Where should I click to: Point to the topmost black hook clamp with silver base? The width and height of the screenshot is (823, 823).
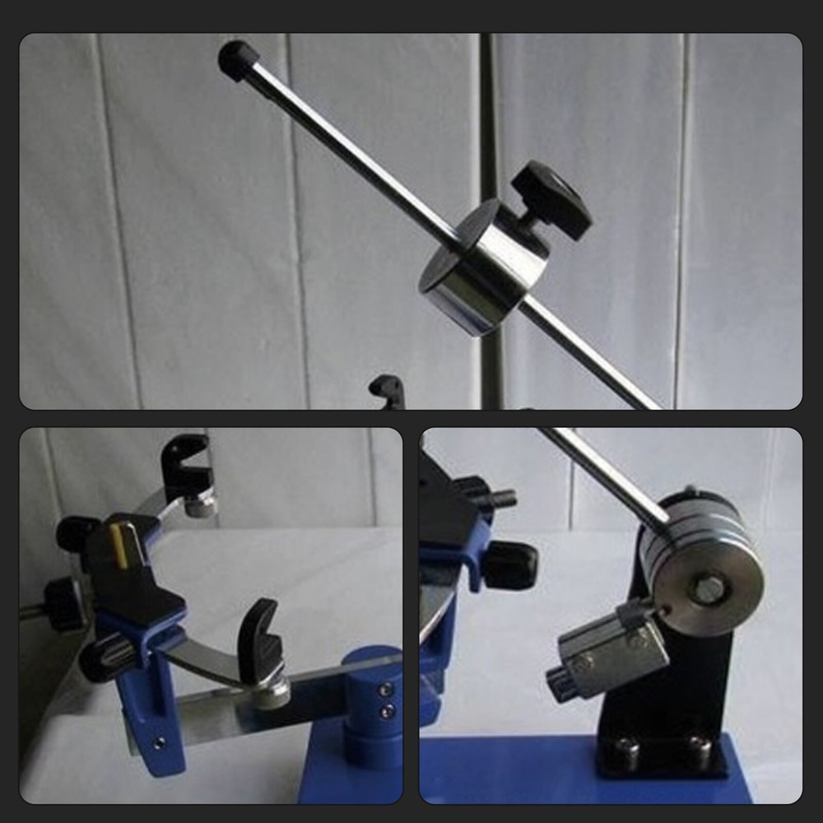point(188,465)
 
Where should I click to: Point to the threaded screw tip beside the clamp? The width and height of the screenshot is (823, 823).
point(500,498)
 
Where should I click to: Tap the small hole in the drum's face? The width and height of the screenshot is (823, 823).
point(665,610)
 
